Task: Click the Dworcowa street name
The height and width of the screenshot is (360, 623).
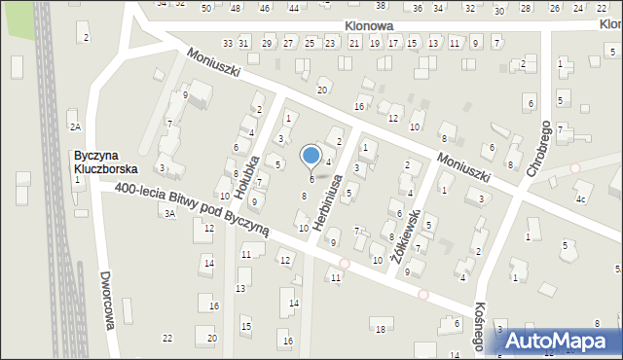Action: pyautogui.click(x=108, y=299)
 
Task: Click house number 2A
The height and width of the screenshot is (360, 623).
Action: pyautogui.click(x=75, y=126)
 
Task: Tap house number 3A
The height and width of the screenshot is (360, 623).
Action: pyautogui.click(x=169, y=213)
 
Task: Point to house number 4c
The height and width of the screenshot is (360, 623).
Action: pyautogui.click(x=580, y=199)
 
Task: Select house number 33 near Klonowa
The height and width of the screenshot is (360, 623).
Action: pyautogui.click(x=228, y=43)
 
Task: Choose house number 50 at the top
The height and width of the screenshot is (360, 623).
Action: pyautogui.click(x=205, y=8)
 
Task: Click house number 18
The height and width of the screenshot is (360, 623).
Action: pyautogui.click(x=380, y=330)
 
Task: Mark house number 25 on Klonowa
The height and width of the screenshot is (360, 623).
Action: pyautogui.click(x=310, y=43)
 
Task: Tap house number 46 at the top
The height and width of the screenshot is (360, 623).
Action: pyautogui.click(x=265, y=8)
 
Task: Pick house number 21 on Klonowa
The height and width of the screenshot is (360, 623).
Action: pyautogui.click(x=354, y=44)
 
